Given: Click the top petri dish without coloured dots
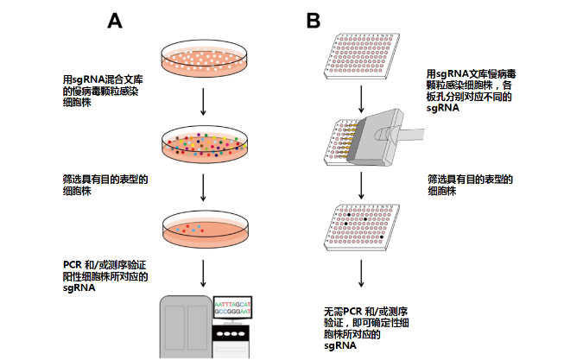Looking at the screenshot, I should click(x=203, y=58).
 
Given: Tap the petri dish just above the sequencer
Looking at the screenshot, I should click(x=203, y=228).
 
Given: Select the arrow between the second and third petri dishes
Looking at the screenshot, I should click(x=203, y=186).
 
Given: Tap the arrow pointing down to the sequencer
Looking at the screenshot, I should click(x=203, y=272).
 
